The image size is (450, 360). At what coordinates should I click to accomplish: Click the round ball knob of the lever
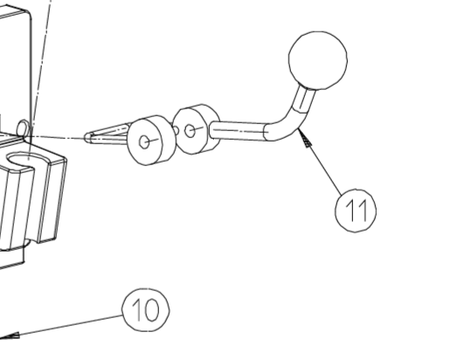point(318,60)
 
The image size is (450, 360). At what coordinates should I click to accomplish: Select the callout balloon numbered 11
point(356,211)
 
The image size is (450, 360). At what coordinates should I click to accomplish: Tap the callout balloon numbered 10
point(146,310)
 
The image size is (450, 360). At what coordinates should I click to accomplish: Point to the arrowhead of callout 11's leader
point(304,137)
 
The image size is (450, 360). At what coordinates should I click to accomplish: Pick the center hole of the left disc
point(144,142)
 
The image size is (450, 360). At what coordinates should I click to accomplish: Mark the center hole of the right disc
point(190,131)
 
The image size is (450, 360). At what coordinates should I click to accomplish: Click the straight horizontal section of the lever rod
point(238,131)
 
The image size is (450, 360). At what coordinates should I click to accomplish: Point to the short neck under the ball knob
point(303,99)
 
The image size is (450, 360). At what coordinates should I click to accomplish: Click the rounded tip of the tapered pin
point(87,137)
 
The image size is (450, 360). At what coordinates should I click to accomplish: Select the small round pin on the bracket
point(23,128)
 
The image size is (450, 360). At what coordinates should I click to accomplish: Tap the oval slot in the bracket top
point(25,160)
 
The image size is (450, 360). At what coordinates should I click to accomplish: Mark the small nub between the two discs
point(176,130)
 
